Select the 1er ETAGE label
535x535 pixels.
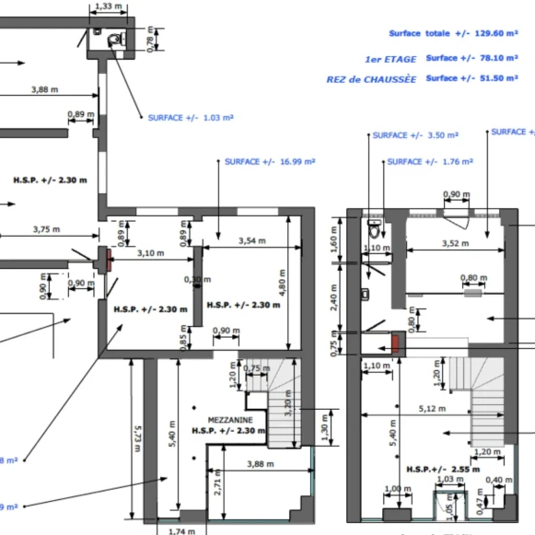pos(390,59)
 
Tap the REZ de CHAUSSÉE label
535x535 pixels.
pos(370,79)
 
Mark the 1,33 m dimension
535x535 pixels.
pos(110,6)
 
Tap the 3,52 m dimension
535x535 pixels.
pos(450,244)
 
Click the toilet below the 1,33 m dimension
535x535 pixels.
pos(114,38)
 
